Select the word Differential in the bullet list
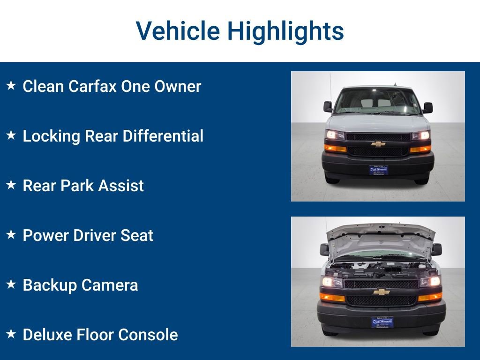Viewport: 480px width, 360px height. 163,136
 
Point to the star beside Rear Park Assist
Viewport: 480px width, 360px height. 11,185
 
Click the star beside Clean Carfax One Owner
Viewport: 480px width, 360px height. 11,86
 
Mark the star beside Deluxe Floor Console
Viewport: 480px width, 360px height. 11,334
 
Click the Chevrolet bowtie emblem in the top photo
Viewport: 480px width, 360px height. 378,144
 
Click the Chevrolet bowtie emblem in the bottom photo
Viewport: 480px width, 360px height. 382,292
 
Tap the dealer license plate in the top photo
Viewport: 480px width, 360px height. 378,170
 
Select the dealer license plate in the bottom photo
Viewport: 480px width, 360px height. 382,322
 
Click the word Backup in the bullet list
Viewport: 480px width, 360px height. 50,285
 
